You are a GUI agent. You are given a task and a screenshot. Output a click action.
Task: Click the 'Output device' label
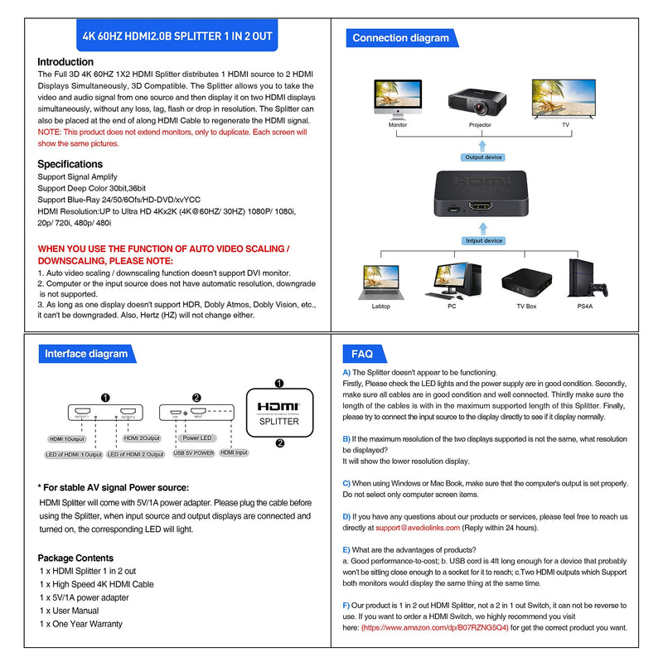pos(483,157)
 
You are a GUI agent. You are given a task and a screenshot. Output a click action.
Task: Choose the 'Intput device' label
pos(484,241)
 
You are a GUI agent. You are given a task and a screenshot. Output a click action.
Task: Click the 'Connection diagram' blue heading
pos(400,38)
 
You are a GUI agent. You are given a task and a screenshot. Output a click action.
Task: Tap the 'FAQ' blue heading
pos(363,354)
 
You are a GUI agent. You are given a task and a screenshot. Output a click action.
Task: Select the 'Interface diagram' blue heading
pos(86,354)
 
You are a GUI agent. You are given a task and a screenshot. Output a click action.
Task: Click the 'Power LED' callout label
pos(197,437)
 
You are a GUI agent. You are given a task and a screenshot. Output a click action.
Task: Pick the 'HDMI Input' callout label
pos(235,453)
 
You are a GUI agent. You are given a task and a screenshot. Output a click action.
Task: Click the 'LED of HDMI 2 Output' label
pos(136,454)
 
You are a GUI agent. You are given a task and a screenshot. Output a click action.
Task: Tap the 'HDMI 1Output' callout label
pos(69,438)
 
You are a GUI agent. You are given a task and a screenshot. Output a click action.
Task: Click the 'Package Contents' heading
pos(75,558)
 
